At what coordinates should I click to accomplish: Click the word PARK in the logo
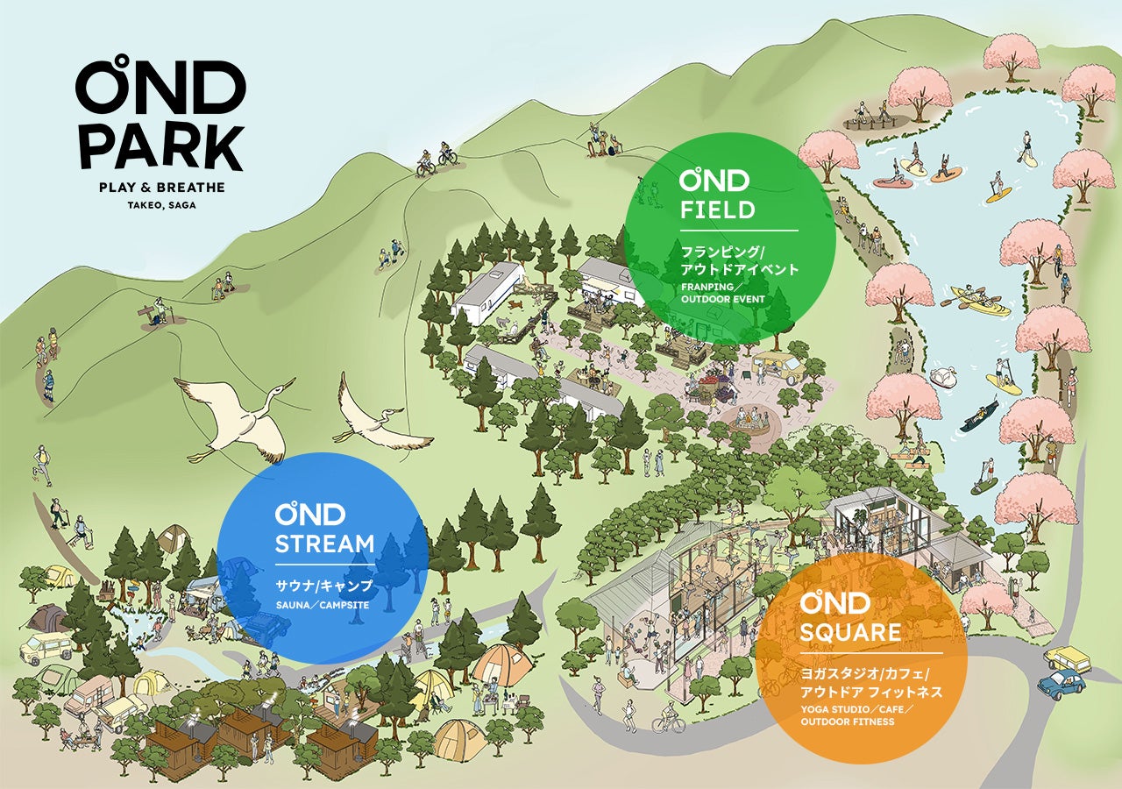click(160, 146)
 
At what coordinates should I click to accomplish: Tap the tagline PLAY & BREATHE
click(161, 188)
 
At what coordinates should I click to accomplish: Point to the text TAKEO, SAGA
click(161, 206)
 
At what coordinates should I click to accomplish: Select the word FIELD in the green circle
click(717, 210)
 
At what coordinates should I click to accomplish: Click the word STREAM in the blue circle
click(324, 544)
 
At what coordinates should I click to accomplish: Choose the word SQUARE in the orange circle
click(850, 633)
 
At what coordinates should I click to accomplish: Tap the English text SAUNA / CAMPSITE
click(322, 605)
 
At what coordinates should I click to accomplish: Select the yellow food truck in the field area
click(778, 366)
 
